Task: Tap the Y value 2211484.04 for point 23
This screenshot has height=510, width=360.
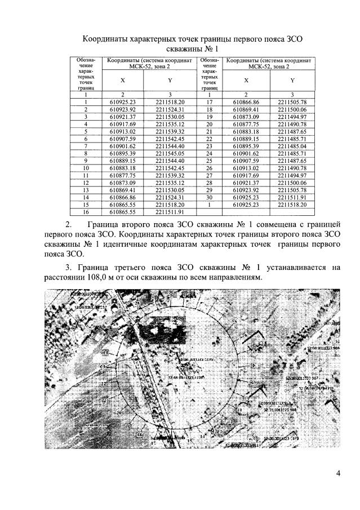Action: coord(292,146)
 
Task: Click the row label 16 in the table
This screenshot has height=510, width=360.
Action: coord(86,212)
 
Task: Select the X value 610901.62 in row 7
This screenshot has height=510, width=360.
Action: coord(123,146)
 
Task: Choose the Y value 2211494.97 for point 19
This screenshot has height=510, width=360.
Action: coord(292,116)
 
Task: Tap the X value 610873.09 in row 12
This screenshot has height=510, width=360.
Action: coord(123,183)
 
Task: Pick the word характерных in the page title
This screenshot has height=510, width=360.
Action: coord(161,39)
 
